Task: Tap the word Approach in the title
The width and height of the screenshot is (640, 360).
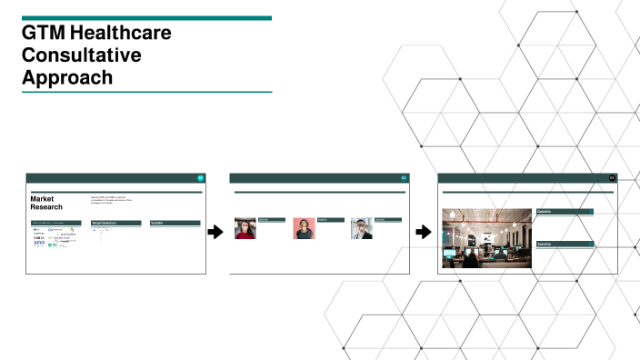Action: pos(68,77)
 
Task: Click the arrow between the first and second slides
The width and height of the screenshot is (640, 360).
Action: pos(215,233)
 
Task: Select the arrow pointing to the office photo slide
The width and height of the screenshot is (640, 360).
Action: pos(424,233)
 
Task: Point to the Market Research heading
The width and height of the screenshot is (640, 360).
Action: pos(47,203)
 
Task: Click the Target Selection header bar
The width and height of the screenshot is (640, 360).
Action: pos(116,223)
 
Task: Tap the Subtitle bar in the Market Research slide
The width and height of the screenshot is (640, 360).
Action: pos(175,223)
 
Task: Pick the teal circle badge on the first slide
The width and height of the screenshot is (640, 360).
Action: pos(201,177)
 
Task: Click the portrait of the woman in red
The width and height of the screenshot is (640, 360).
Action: pos(245,229)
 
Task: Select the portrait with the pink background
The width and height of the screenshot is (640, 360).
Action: pos(304,228)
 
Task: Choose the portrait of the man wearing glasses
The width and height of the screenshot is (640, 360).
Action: pos(362,228)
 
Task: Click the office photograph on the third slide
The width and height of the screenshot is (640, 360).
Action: pos(485,238)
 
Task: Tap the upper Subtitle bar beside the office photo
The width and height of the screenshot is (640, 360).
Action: pos(564,212)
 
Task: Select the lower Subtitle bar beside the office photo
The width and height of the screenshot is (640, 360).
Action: pos(564,245)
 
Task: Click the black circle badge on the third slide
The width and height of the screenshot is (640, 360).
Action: pos(613,177)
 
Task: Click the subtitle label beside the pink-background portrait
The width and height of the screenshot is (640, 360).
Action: pos(329,220)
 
